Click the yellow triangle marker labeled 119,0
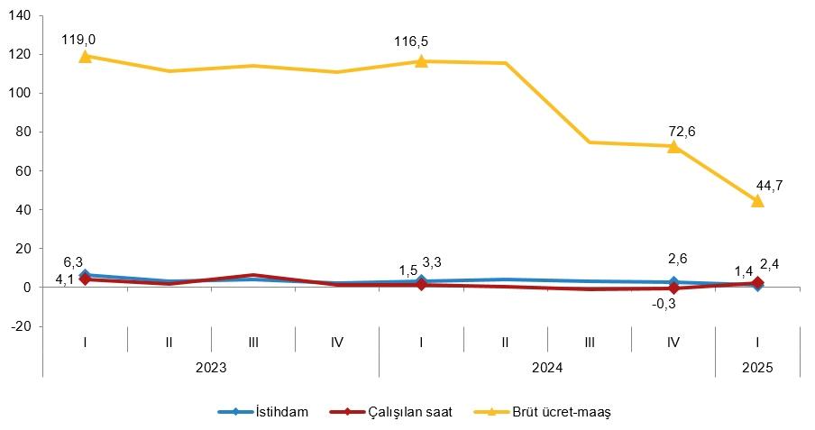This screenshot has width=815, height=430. [x=85, y=56]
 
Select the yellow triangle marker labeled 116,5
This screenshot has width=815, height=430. [x=421, y=60]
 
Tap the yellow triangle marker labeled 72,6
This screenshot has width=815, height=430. [x=673, y=145]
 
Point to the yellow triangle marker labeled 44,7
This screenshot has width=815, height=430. [x=757, y=200]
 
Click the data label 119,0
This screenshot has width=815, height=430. [x=78, y=40]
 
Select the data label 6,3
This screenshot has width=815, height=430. [x=73, y=262]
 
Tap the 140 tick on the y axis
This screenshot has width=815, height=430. [x=23, y=16]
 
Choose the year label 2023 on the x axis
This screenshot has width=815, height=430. [x=211, y=368]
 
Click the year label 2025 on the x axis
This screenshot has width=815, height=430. [x=757, y=368]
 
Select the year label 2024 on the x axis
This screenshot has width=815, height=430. [x=547, y=368]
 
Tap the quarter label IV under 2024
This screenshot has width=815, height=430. [x=673, y=343]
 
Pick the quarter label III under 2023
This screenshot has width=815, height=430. [x=252, y=343]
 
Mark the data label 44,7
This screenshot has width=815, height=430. [x=769, y=186]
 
